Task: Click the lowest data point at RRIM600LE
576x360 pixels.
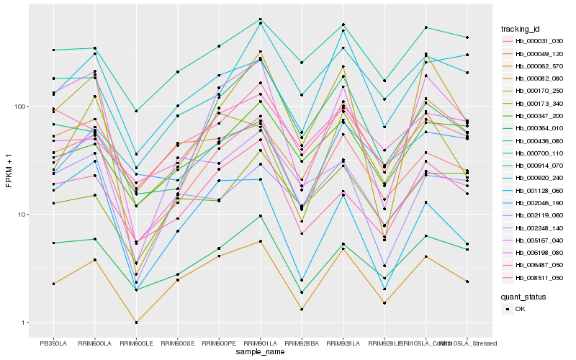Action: (x=136, y=323)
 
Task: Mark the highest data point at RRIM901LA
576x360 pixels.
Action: (x=260, y=19)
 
